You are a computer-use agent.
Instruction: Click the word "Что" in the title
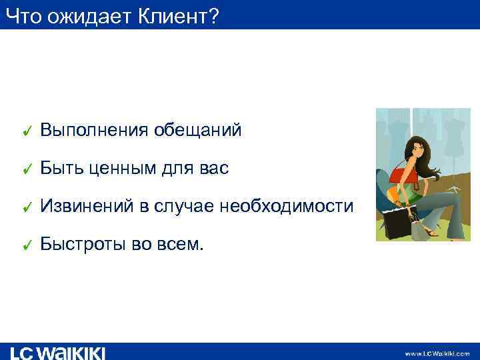pos(23,15)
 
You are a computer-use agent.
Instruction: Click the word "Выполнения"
pos(94,131)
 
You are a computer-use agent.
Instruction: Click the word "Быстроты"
pos(84,245)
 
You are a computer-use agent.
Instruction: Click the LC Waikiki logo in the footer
pos(57,352)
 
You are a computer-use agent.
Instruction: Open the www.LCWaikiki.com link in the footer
pos(437,353)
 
